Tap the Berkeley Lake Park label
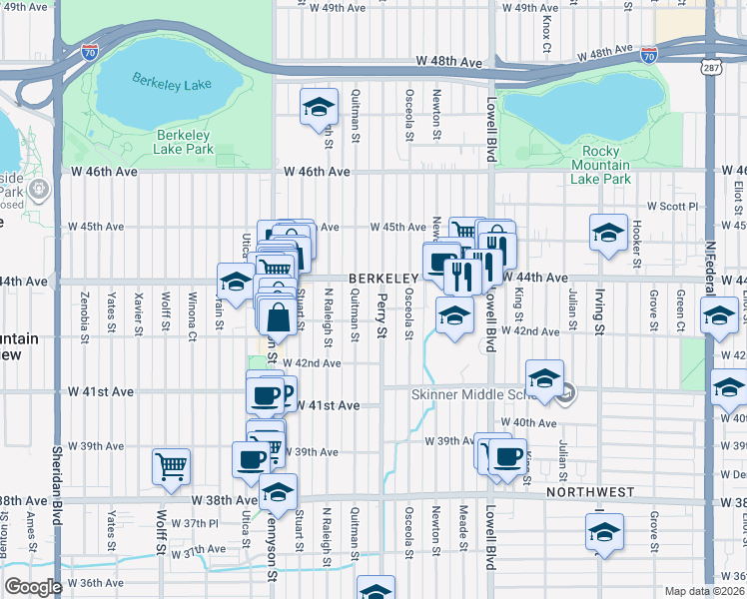[x=184, y=142]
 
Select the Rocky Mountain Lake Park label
[x=600, y=165]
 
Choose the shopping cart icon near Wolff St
[x=172, y=464]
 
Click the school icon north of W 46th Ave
[x=318, y=105]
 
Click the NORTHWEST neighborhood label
[x=590, y=492]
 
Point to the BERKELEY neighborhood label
[x=381, y=278]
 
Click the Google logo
[x=33, y=587]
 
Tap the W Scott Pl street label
[x=670, y=206]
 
